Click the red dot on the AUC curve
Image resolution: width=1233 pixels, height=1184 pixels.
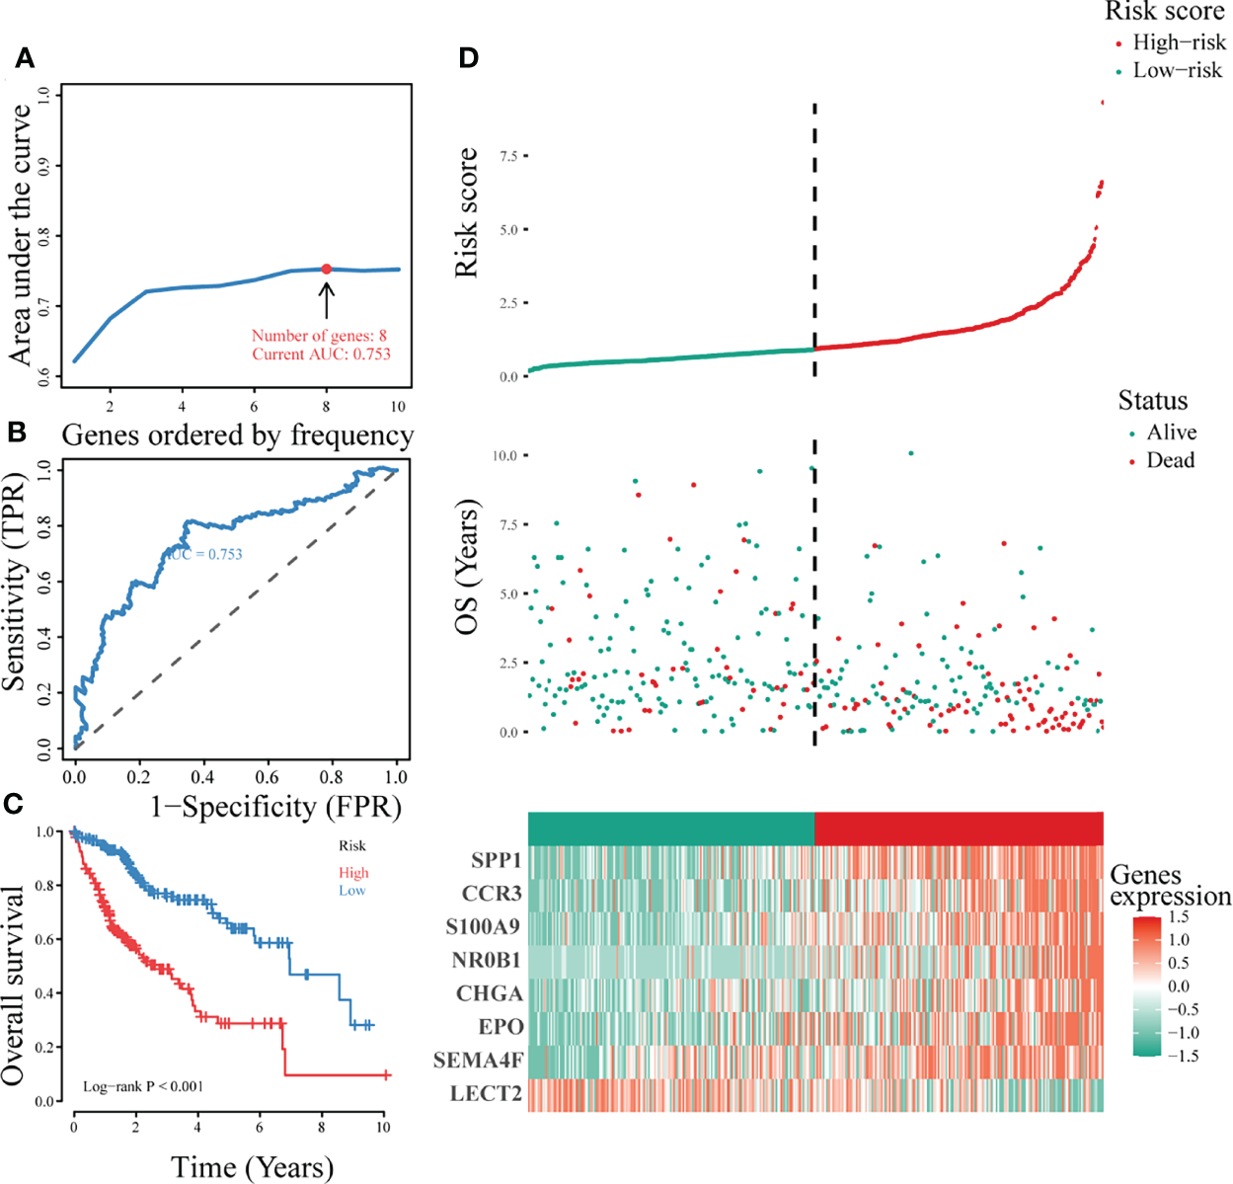click(x=326, y=269)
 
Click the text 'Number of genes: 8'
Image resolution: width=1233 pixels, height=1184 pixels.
click(x=319, y=336)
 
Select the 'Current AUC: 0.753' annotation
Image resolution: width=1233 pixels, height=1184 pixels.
click(x=321, y=354)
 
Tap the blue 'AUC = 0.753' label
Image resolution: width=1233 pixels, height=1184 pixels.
click(x=205, y=554)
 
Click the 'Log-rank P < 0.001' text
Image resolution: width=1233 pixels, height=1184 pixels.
click(x=143, y=1086)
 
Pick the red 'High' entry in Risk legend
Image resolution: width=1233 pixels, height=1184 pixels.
click(x=353, y=873)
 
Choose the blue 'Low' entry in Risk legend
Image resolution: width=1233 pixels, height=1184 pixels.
click(x=352, y=891)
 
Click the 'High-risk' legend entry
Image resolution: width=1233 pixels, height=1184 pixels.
click(x=1179, y=42)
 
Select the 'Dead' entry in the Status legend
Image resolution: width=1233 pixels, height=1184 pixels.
click(x=1170, y=460)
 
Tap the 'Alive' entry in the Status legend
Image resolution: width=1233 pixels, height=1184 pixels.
click(x=1171, y=433)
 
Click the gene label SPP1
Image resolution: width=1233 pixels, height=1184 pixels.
click(x=496, y=861)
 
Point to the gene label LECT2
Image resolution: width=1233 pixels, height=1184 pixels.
click(x=486, y=1094)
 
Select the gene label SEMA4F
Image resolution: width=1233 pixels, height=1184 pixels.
click(x=478, y=1061)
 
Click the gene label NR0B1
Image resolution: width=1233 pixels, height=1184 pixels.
click(x=486, y=961)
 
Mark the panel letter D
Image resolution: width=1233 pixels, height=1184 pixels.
click(x=468, y=58)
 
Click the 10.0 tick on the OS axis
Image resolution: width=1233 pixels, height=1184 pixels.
click(x=504, y=455)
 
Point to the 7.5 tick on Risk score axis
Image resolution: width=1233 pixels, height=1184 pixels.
click(x=508, y=156)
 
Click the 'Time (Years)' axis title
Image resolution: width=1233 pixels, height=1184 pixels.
click(x=253, y=1168)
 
